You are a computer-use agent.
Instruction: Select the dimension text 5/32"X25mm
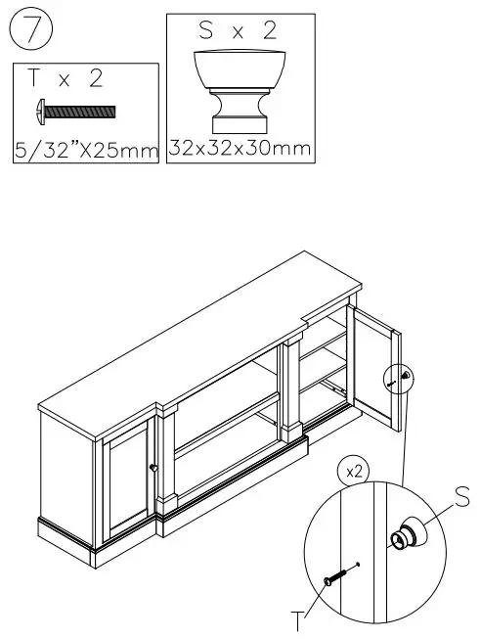coord(86,150)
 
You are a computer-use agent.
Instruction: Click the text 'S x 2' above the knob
coord(238,31)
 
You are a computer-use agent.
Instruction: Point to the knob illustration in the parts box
coord(239,92)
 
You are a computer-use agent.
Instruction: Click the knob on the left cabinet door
coord(153,468)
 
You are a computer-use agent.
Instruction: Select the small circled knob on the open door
coord(401,378)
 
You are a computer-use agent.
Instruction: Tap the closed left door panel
coord(126,484)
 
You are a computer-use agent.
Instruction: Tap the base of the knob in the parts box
coord(239,123)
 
